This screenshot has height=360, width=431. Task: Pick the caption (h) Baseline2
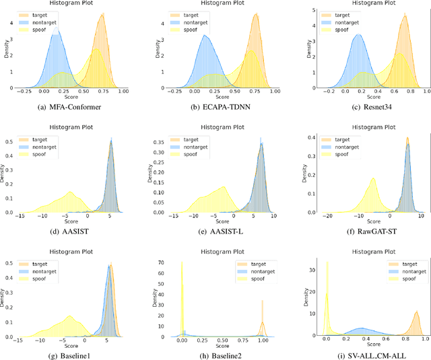215,354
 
